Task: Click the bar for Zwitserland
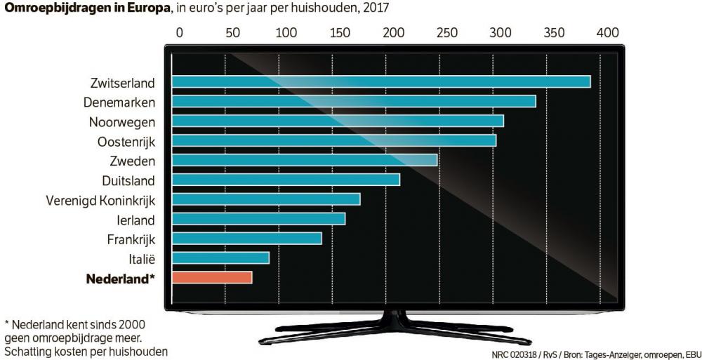click(x=380, y=81)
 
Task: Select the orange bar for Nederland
click(x=211, y=278)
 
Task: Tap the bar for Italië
click(x=220, y=258)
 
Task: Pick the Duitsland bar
click(x=286, y=180)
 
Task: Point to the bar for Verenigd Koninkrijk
click(x=266, y=199)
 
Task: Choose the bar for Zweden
click(x=304, y=160)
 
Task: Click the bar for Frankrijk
click(x=246, y=239)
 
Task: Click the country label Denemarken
click(x=119, y=102)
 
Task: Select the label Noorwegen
click(x=121, y=121)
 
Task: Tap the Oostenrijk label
click(x=126, y=141)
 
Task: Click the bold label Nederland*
click(x=120, y=279)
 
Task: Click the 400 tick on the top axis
click(x=607, y=32)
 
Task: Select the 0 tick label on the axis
click(x=179, y=32)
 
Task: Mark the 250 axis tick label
click(x=446, y=32)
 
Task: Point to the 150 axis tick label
click(x=340, y=32)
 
